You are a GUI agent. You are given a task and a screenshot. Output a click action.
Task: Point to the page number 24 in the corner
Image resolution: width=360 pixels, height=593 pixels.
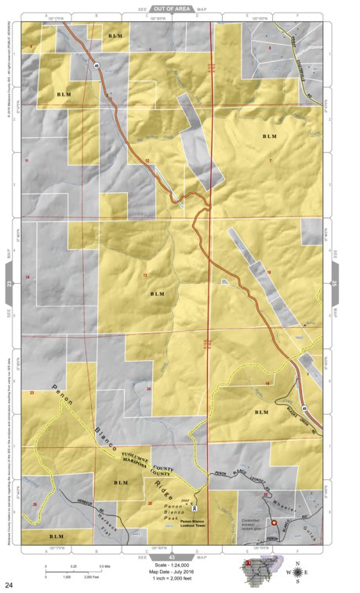[9, 584]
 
